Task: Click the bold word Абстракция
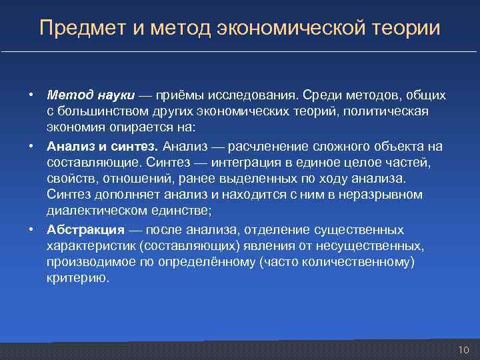tap(86, 230)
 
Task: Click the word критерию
tap(77, 278)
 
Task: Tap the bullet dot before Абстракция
tap(31, 230)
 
